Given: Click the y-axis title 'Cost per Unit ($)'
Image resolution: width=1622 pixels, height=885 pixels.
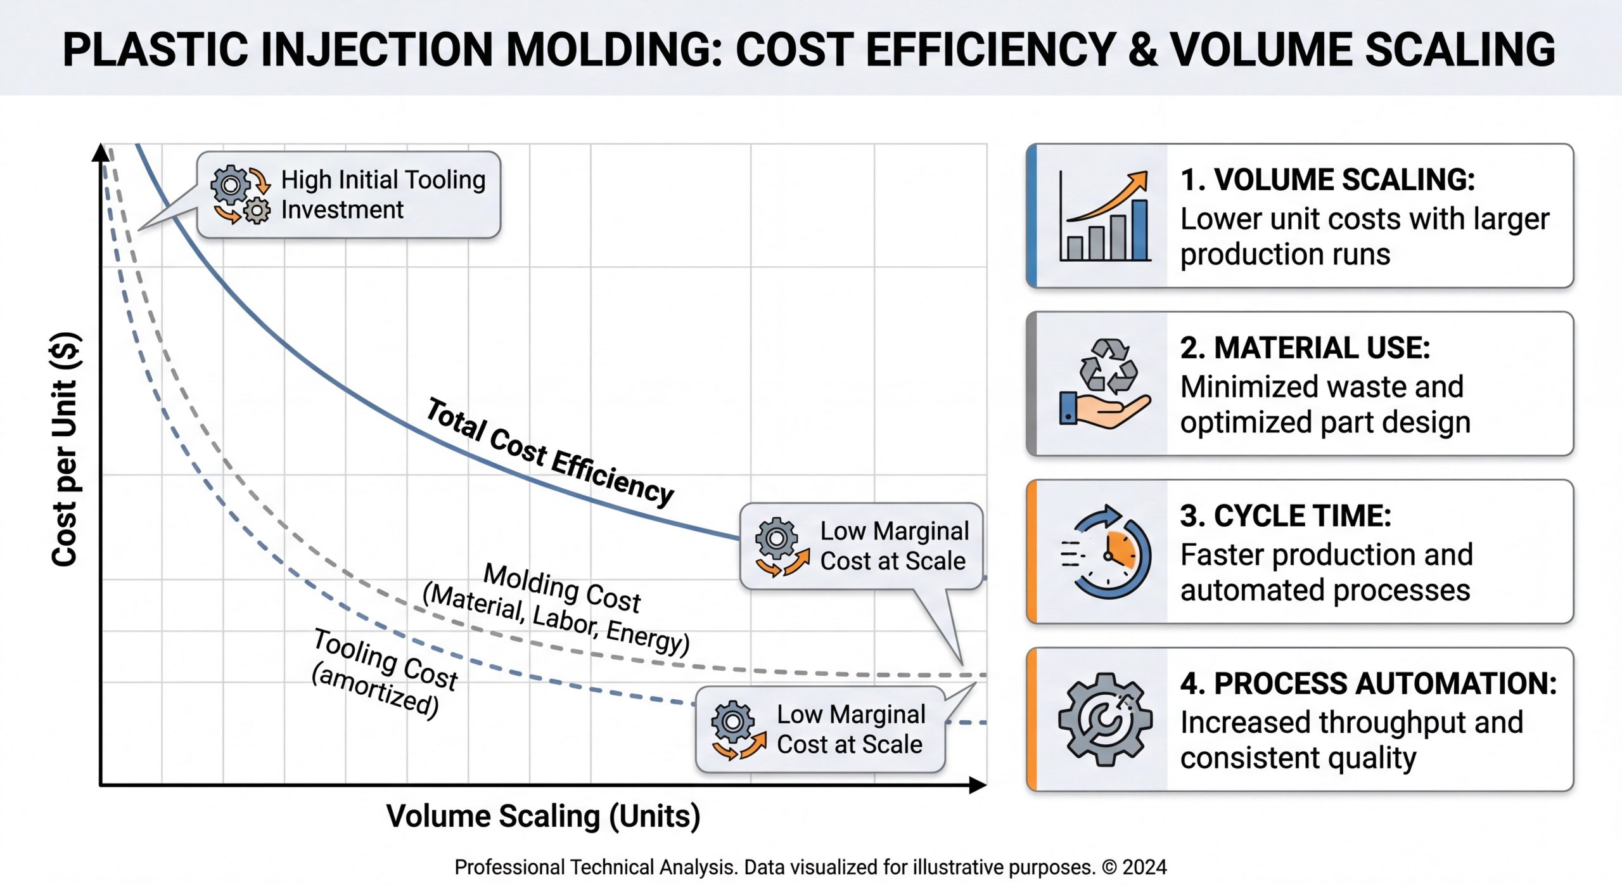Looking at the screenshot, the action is tap(65, 449).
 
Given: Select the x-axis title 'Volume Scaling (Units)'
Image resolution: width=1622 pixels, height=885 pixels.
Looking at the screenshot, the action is tap(543, 817).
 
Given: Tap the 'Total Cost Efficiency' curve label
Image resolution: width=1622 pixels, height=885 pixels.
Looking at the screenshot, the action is tap(550, 452).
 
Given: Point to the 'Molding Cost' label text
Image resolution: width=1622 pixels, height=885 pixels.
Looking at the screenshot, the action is tap(562, 588).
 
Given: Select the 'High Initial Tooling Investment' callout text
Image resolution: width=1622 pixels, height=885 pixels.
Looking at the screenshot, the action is tap(383, 195).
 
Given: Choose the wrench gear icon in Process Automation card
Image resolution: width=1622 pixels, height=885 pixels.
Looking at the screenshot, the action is tap(1106, 720).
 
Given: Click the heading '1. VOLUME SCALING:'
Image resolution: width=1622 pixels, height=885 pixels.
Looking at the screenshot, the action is tap(1327, 179).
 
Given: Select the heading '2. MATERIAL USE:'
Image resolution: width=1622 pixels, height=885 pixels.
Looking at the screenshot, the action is tap(1305, 347).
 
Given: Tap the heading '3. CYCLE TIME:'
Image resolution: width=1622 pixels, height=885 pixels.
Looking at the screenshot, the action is tap(1286, 515).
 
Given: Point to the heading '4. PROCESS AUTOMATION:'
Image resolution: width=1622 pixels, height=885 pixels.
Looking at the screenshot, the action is tap(1369, 683).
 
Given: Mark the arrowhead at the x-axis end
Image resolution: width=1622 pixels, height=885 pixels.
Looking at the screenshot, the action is tap(978, 785).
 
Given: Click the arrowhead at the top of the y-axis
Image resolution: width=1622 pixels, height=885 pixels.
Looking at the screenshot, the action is tap(101, 152).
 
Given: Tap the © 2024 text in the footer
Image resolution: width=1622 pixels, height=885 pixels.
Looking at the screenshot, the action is tap(1134, 867).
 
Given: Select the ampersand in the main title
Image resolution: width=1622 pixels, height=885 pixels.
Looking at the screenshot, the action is tap(1143, 49).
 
